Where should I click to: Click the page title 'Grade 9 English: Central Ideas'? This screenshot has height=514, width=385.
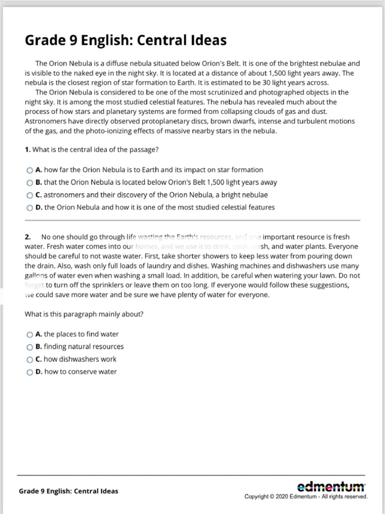coord(126,40)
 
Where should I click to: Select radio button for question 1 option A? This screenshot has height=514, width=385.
coord(30,170)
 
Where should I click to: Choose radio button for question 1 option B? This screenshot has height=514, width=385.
coord(30,183)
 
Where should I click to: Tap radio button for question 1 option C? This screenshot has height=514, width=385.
coord(30,195)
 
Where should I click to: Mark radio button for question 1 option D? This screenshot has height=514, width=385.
coord(30,208)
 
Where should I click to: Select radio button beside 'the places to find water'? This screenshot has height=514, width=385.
coord(30,334)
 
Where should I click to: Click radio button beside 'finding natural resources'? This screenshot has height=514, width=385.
coord(30,347)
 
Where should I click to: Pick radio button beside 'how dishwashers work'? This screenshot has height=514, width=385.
coord(30,359)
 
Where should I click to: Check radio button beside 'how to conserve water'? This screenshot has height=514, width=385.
coord(30,372)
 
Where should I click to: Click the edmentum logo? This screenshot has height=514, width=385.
coord(331,486)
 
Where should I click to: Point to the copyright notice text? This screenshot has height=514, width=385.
coord(306,497)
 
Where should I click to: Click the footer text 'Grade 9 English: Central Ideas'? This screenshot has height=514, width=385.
coord(69,491)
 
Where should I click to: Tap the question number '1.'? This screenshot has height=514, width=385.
coord(28,150)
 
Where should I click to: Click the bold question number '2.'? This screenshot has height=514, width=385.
coord(28,237)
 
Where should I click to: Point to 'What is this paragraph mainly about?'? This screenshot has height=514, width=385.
coord(84,314)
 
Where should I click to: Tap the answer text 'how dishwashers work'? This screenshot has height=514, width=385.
coord(80,359)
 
